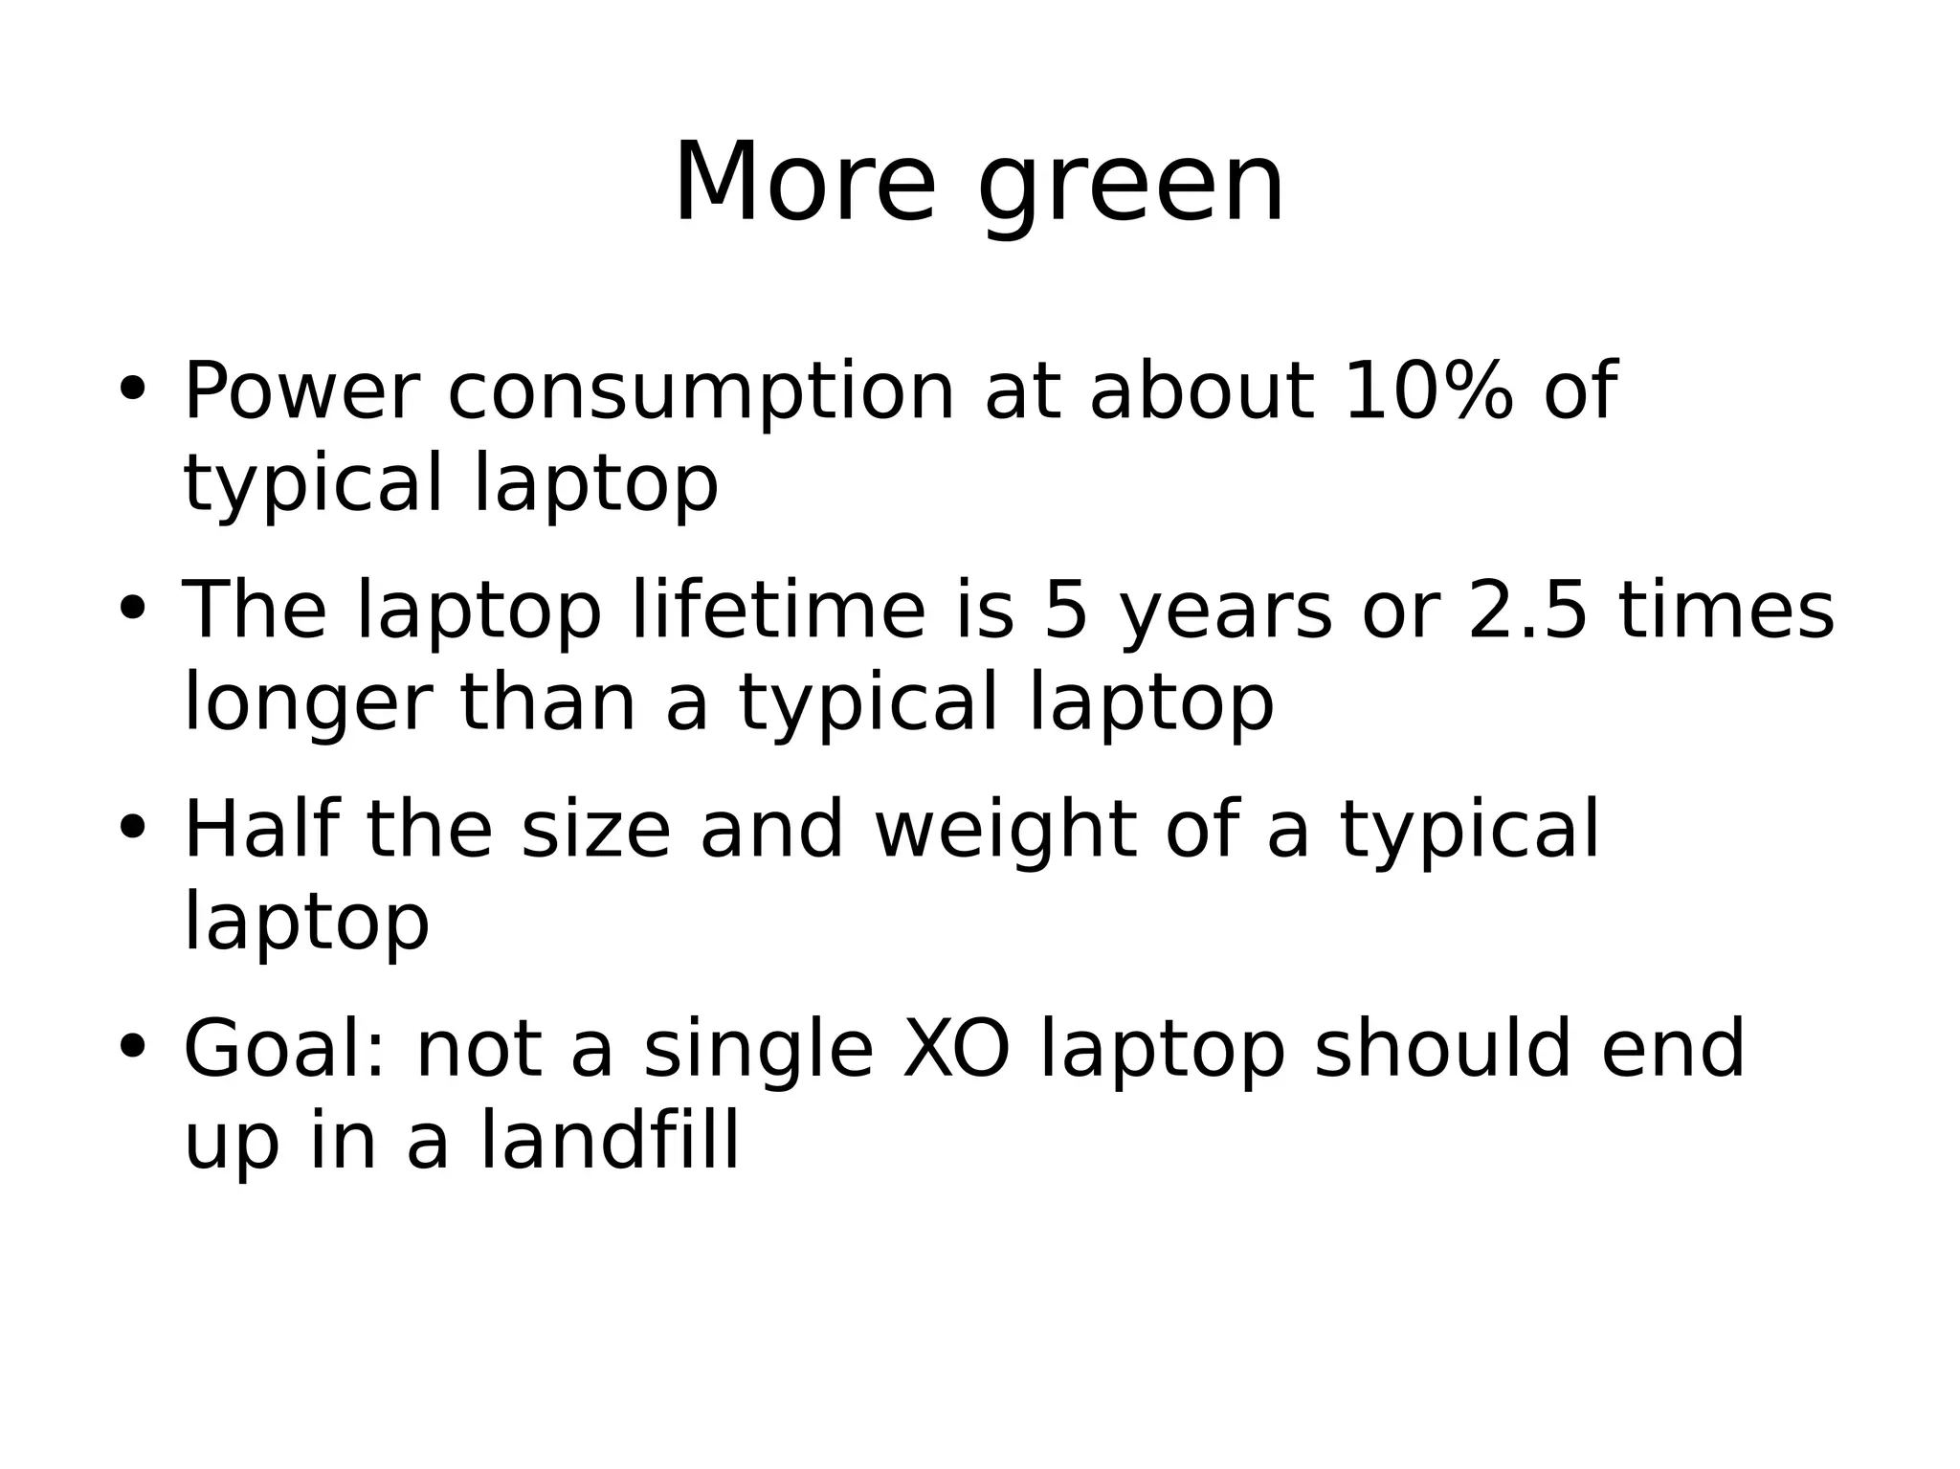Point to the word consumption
(x=701, y=393)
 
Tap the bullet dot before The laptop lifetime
(x=131, y=608)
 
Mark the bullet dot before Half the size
(x=131, y=827)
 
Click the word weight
(x=1005, y=831)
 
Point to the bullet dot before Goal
(x=131, y=1046)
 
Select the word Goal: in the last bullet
(x=284, y=1049)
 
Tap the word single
(x=758, y=1051)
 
